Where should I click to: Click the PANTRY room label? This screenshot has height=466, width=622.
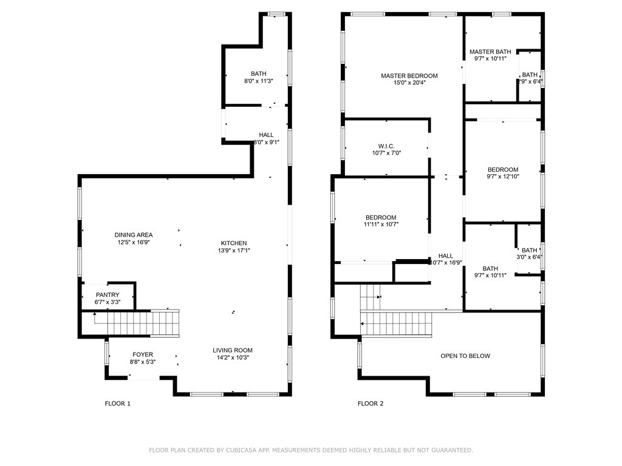[x=108, y=295]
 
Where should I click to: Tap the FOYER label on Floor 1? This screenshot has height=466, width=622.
[x=143, y=354]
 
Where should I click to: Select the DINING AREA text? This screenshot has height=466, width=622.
[x=134, y=235]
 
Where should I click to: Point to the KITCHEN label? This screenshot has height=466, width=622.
[x=234, y=243]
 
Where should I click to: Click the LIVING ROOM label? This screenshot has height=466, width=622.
[x=232, y=350]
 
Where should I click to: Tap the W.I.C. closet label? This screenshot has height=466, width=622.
[x=386, y=146]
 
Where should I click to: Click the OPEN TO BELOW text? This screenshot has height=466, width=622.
[x=465, y=356]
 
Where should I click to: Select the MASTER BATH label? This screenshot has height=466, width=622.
[x=490, y=52]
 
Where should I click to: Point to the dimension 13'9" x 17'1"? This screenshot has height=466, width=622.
[x=234, y=250]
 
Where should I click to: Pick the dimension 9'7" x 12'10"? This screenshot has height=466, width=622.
[x=503, y=177]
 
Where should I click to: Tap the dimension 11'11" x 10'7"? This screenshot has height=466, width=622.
[x=381, y=225]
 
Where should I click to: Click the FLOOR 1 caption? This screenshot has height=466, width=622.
[x=118, y=404]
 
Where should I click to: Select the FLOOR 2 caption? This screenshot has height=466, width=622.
[x=371, y=404]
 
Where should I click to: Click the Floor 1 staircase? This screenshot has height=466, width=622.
[x=137, y=323]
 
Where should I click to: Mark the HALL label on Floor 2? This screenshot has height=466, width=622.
[x=446, y=256]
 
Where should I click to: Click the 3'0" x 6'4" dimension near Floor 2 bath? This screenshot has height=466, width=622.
[x=530, y=257]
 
